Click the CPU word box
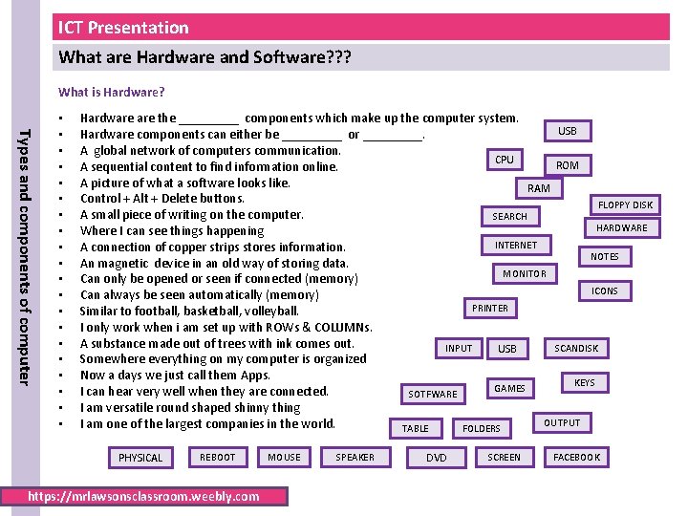(505, 160)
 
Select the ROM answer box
(568, 165)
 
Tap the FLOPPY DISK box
(625, 204)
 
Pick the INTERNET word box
(516, 246)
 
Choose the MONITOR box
(525, 274)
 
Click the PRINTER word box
(490, 309)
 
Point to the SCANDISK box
(576, 349)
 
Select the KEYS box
(585, 383)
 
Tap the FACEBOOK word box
(576, 458)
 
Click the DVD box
(437, 458)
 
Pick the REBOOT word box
(217, 458)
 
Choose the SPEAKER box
(355, 458)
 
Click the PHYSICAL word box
(140, 458)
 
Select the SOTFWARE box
(433, 394)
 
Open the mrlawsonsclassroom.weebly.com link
(144, 496)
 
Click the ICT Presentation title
(124, 28)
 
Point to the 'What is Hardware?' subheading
(112, 93)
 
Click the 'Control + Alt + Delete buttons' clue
(162, 199)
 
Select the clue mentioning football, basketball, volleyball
(189, 311)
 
